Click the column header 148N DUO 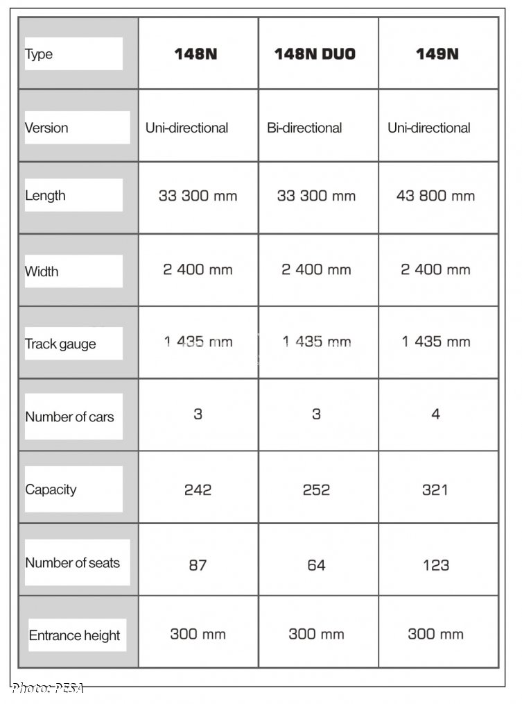tap(315, 54)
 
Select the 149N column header tap(437, 54)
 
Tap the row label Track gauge tap(60, 344)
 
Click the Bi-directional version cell tap(304, 128)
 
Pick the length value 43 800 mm tap(435, 196)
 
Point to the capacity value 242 tap(198, 489)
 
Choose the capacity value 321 tap(435, 489)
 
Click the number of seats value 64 tap(316, 565)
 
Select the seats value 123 tap(435, 565)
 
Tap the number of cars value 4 tap(435, 414)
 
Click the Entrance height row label tap(74, 635)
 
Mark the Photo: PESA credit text tap(48, 688)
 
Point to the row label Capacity tap(51, 489)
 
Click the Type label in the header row tap(39, 54)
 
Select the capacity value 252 tap(316, 489)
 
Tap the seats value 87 tap(198, 565)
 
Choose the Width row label tap(42, 271)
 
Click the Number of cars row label tap(69, 417)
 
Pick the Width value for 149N tap(435, 269)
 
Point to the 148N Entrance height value tap(198, 634)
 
